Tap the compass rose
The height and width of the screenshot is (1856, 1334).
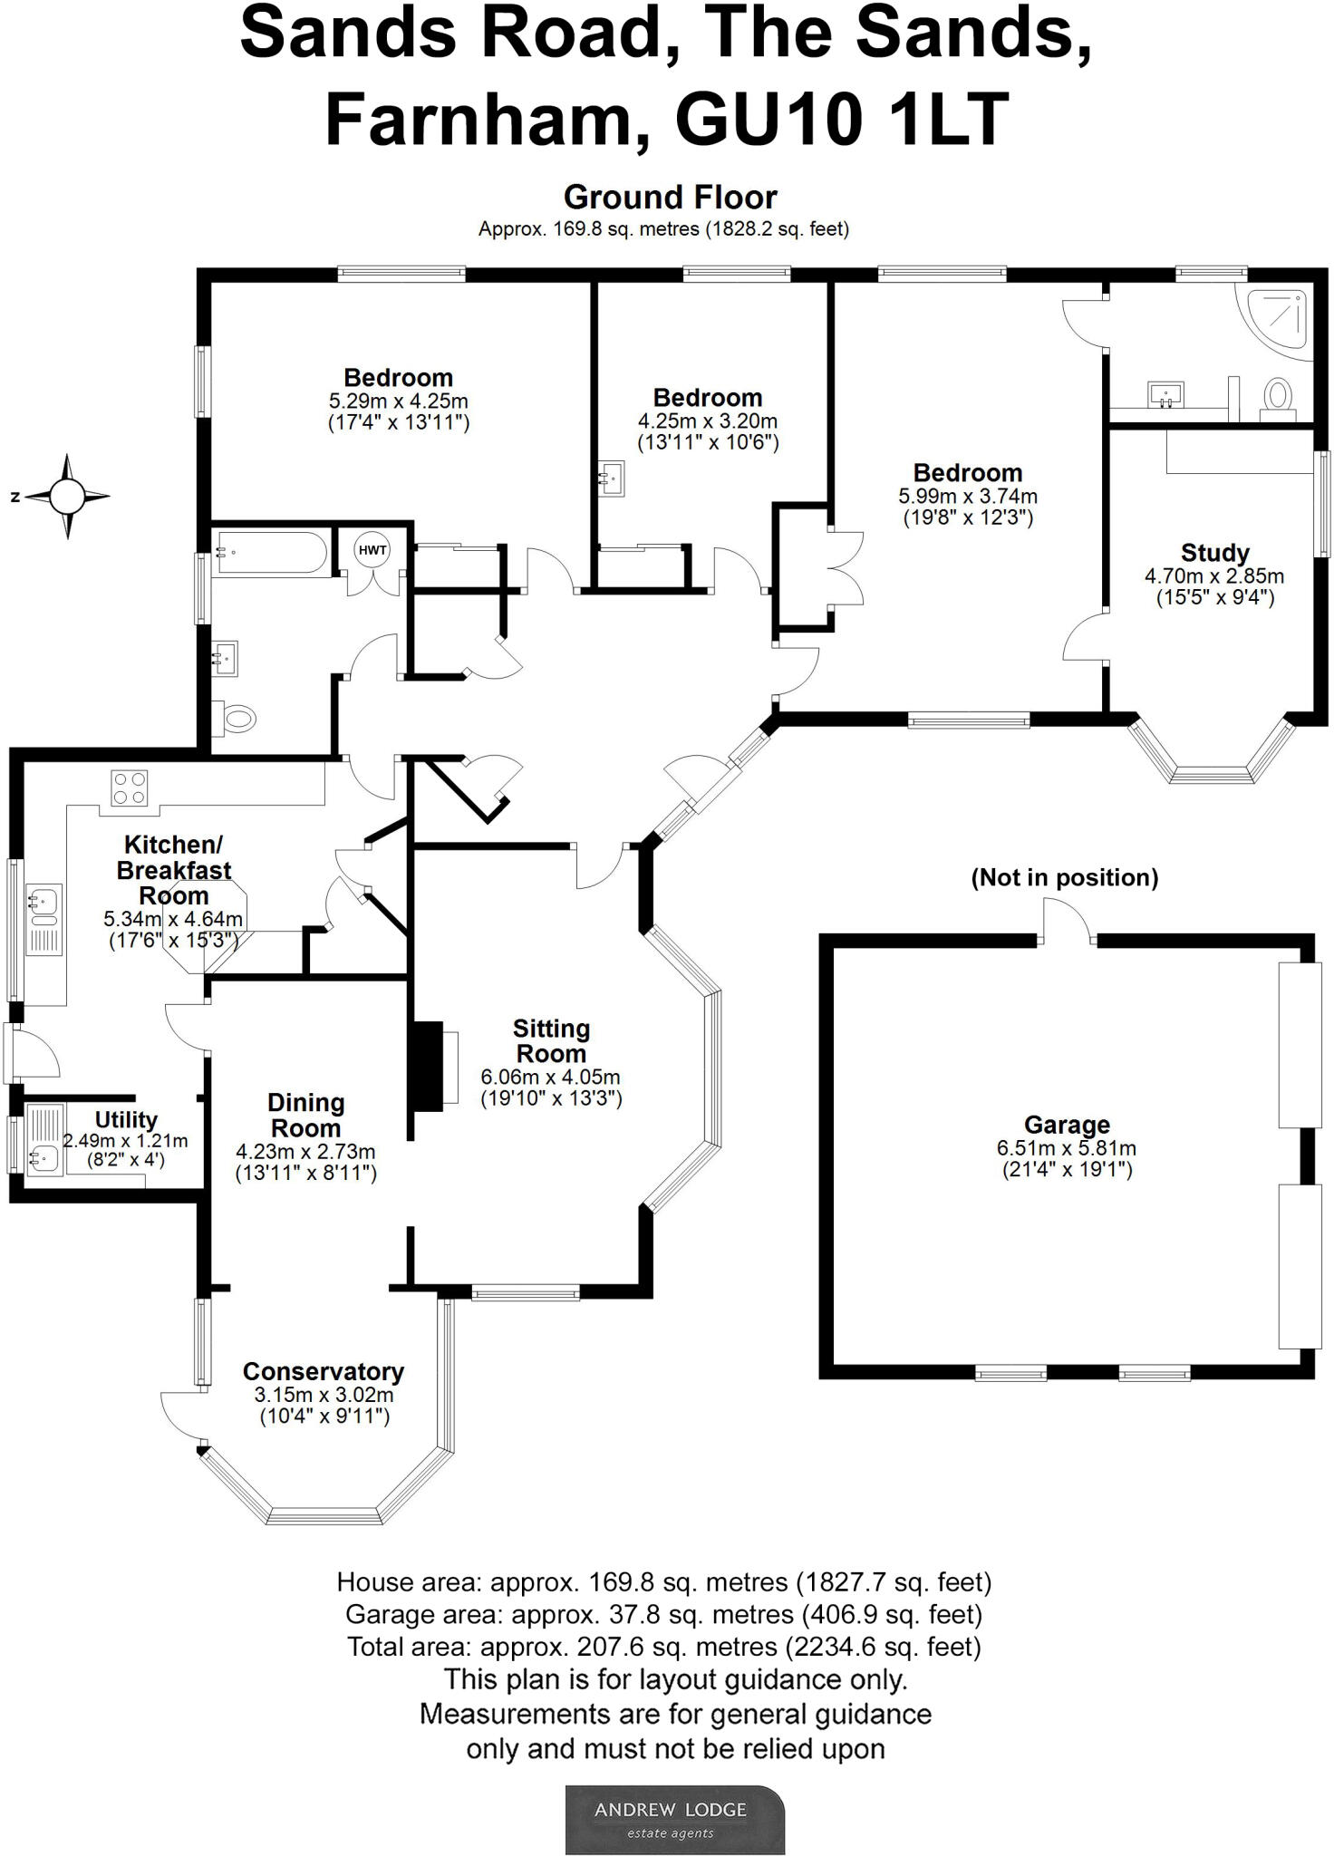(67, 497)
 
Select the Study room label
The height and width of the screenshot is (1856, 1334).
(1214, 553)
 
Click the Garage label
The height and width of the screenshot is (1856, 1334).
(1066, 1126)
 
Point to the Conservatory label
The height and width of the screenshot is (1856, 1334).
(323, 1372)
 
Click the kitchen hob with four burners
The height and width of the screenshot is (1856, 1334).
(130, 787)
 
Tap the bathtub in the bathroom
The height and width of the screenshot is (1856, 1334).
(271, 552)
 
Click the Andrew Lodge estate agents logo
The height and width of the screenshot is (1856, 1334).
(675, 1820)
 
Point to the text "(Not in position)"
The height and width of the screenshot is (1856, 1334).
(1065, 877)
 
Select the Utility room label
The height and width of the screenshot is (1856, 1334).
(126, 1120)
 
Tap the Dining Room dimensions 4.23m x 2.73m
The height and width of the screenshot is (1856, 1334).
(305, 1152)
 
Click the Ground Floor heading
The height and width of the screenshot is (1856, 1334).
(670, 197)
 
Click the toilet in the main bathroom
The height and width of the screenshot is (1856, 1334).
(236, 720)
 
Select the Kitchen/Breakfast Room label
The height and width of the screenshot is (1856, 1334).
(173, 870)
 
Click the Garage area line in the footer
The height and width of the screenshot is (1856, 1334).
(663, 1614)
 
